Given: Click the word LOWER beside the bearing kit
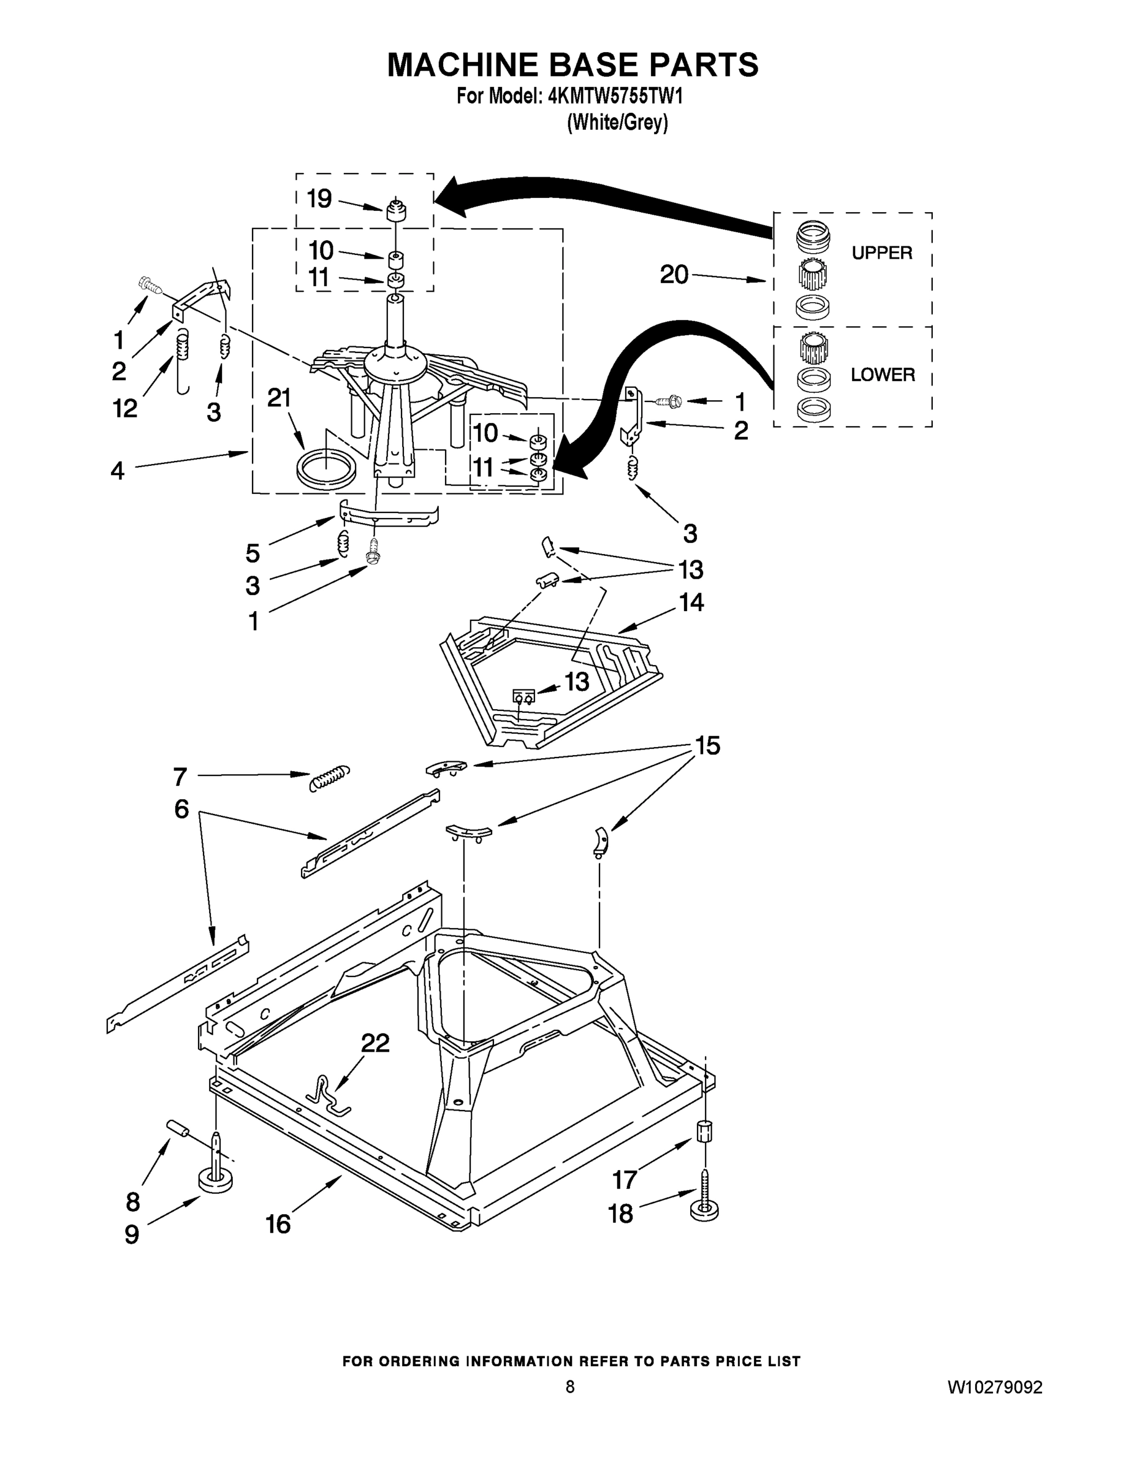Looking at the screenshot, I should (x=883, y=374).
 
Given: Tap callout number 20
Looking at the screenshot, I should (x=674, y=275).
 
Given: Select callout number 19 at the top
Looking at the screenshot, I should (x=319, y=199).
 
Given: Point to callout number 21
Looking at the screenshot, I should (x=279, y=398).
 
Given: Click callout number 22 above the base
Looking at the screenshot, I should (x=375, y=1043).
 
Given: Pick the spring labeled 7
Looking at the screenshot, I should (x=329, y=778).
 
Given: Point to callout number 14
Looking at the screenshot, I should (x=691, y=601).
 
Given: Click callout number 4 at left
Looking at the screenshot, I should (x=117, y=471).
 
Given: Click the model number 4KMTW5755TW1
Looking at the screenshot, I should (x=615, y=96).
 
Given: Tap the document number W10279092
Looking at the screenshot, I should (x=994, y=1388).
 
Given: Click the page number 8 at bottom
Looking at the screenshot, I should (x=570, y=1387).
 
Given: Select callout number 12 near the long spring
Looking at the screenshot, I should (x=125, y=408).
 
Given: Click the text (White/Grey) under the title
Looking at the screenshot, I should (x=617, y=123).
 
